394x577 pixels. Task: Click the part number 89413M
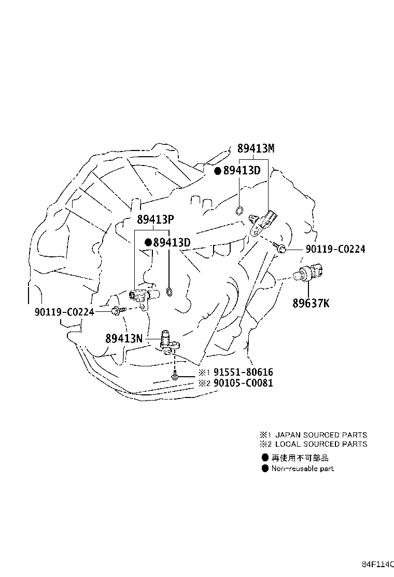[x=256, y=148]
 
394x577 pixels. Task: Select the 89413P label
[x=156, y=219]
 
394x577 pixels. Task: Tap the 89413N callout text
[x=124, y=338]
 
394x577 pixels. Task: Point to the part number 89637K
[x=311, y=303]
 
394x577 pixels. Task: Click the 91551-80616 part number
[x=243, y=372]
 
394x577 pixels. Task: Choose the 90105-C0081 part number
[x=243, y=383]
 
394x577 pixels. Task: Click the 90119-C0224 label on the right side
[x=335, y=249]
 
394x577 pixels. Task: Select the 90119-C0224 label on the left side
[x=64, y=312]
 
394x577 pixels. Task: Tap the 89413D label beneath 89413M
[x=242, y=170]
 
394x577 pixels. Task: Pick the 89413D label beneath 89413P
[x=172, y=242]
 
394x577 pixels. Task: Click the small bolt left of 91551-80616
[x=175, y=376]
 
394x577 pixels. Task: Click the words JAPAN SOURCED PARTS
[x=321, y=435]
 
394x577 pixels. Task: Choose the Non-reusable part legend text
[x=302, y=469]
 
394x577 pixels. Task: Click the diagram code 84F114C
[x=377, y=564]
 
